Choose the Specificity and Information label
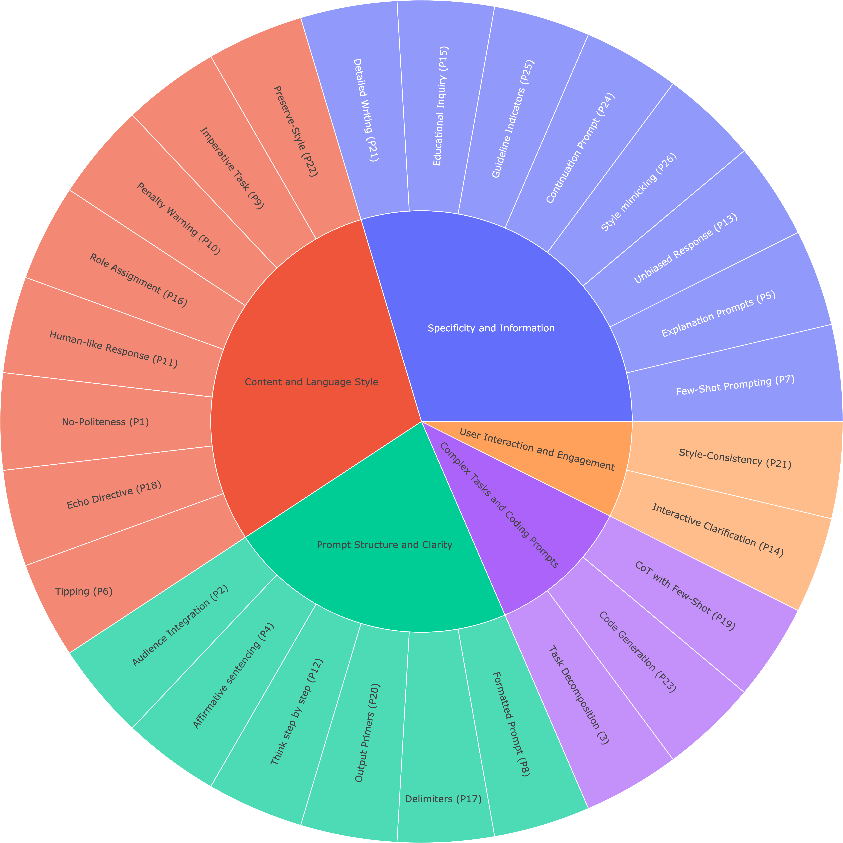coord(491,328)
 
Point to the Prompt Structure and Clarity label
coord(384,545)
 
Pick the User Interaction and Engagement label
coord(537,449)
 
